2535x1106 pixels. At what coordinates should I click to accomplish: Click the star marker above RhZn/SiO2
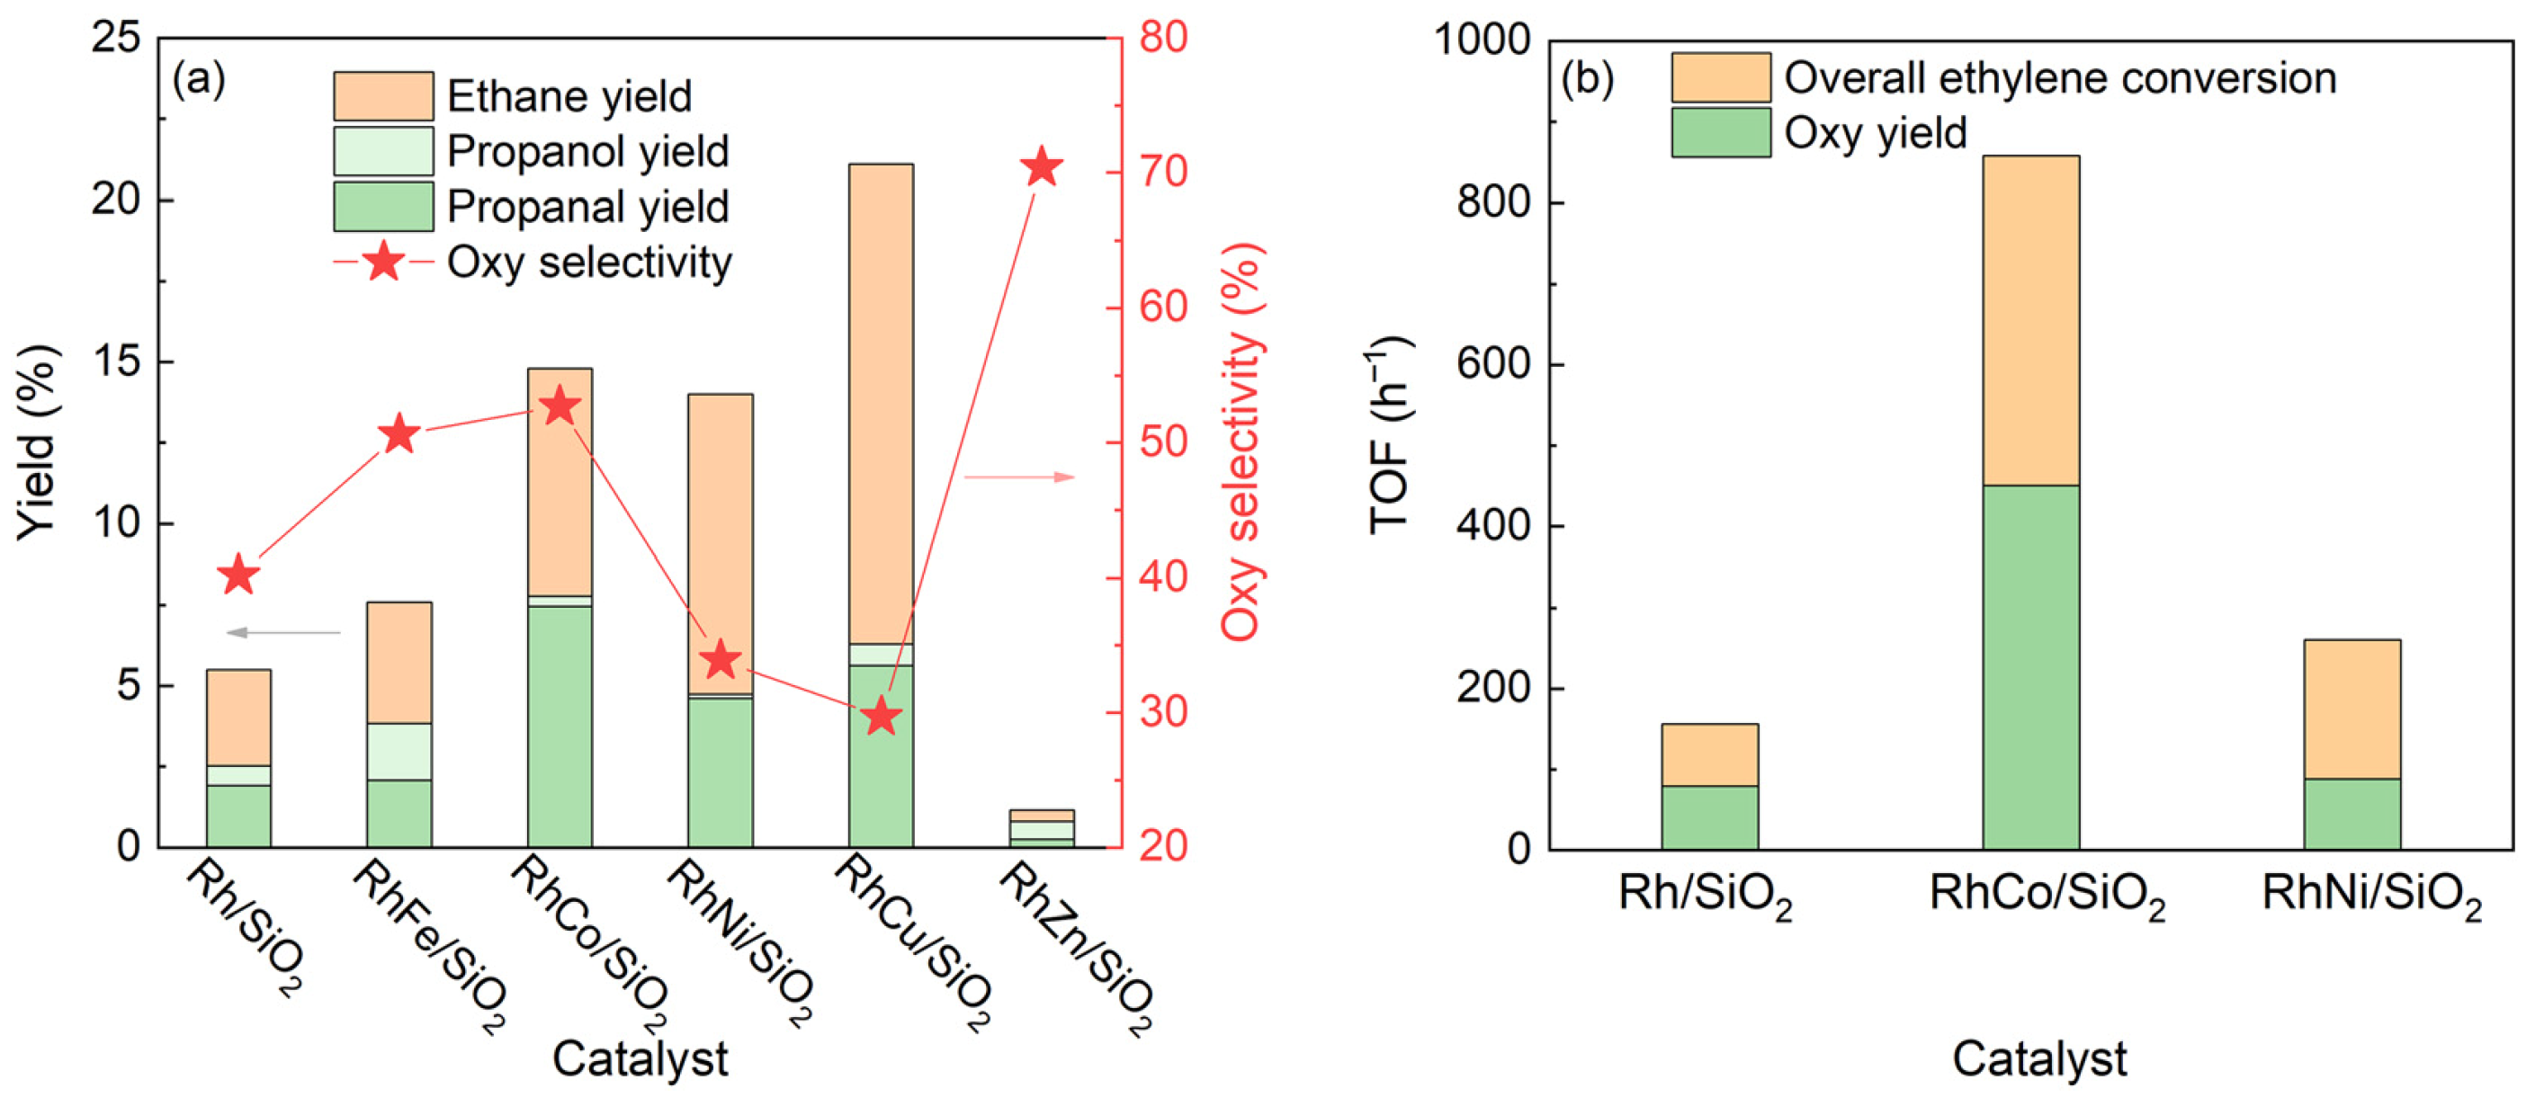click(x=1041, y=167)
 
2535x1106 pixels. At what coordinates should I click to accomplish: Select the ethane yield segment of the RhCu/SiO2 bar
click(x=881, y=404)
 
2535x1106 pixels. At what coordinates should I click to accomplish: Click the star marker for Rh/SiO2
click(x=239, y=575)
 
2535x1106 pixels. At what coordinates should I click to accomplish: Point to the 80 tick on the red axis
click(x=1163, y=38)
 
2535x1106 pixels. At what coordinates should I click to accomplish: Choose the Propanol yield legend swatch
click(x=383, y=150)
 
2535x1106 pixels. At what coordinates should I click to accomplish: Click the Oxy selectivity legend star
click(x=383, y=262)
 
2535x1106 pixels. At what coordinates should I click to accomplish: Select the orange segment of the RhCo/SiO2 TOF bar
click(x=2031, y=320)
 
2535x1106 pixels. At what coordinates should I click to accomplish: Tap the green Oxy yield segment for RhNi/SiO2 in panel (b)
click(x=2352, y=814)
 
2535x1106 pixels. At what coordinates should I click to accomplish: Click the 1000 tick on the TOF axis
click(x=1482, y=40)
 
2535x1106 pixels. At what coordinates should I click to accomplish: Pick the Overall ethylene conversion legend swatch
click(x=1720, y=77)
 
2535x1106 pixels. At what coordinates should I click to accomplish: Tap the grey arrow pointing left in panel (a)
click(x=282, y=632)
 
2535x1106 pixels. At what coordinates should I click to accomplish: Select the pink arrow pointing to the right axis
click(x=1019, y=477)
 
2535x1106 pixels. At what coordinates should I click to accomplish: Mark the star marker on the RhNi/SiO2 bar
click(x=721, y=659)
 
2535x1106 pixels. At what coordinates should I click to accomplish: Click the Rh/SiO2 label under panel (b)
click(x=1705, y=896)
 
